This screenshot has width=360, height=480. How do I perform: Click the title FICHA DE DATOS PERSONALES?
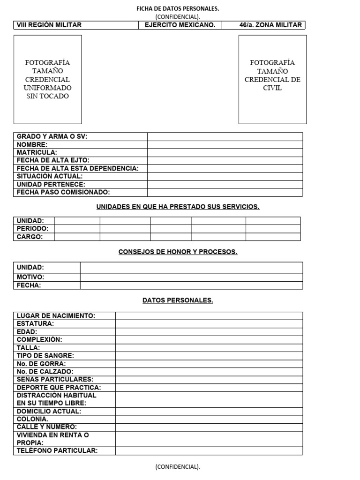coord(177,8)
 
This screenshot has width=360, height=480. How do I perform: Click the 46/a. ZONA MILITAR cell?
coord(263,25)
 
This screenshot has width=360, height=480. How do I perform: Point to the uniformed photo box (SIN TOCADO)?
coord(47,79)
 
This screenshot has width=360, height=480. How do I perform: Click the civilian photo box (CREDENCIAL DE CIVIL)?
coord(272,79)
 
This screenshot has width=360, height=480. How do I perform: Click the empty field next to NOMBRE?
coord(225,144)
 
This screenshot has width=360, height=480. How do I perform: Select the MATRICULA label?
coord(37,152)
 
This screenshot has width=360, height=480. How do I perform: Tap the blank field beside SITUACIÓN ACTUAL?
coord(225,176)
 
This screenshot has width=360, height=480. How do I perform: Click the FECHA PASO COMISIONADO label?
coord(63,192)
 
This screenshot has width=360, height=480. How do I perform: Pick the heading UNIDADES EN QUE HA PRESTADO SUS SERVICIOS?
coord(178,207)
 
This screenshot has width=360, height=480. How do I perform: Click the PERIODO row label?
coord(33,229)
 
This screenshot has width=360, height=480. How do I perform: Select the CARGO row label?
coord(30,237)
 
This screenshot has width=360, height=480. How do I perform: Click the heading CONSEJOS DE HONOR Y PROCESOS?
coord(178,252)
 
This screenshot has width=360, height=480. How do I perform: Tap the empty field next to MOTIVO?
coord(191,277)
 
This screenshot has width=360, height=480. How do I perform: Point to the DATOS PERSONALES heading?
coord(178,300)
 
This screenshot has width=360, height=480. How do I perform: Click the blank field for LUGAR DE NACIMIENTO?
coord(209,316)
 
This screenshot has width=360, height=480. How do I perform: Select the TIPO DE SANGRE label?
coord(45,356)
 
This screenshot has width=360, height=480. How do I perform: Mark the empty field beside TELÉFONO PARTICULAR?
coord(209,450)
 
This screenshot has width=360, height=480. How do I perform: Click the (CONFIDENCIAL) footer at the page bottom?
coord(178,467)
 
